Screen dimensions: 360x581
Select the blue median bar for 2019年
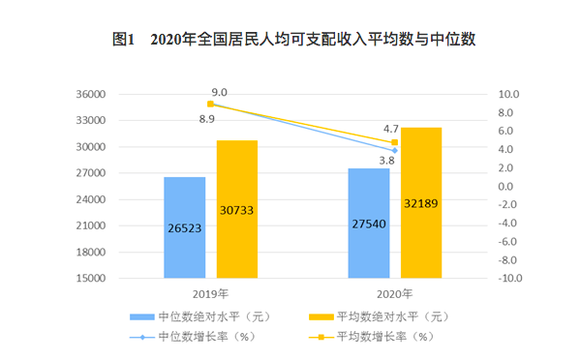184,227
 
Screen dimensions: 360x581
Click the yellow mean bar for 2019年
236,209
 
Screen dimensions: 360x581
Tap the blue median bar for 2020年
368,223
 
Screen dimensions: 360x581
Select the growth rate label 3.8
386,160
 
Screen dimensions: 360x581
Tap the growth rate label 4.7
391,128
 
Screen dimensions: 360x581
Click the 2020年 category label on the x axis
394,293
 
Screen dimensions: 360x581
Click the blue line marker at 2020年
394,150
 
